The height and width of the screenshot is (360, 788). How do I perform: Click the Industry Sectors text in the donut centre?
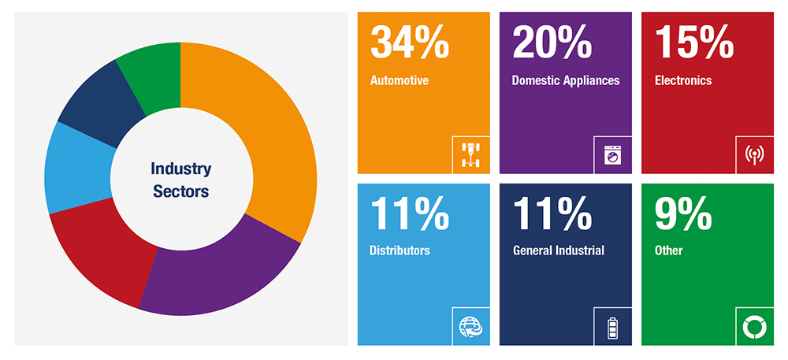click(x=180, y=180)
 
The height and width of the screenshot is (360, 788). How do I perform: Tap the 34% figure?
click(x=410, y=43)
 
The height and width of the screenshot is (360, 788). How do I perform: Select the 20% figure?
click(x=552, y=43)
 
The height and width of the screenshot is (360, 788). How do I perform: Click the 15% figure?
click(x=694, y=43)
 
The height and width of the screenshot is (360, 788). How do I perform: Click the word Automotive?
click(x=399, y=80)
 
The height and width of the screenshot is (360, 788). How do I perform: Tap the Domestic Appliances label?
click(x=565, y=80)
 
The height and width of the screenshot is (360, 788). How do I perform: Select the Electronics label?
click(x=683, y=80)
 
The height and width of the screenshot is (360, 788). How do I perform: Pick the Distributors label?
click(x=400, y=251)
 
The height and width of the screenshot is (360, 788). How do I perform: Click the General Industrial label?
click(x=558, y=251)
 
